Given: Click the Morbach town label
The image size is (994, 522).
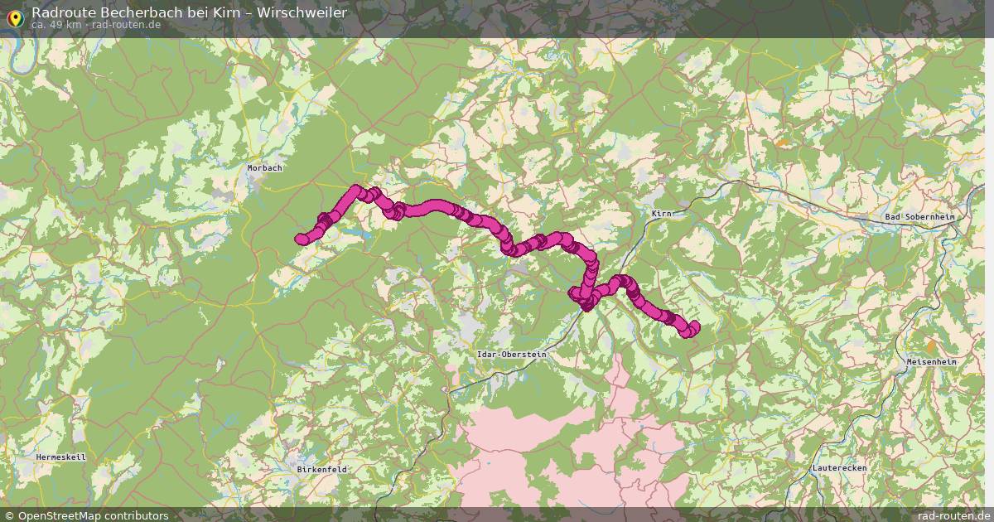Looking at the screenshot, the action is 265,168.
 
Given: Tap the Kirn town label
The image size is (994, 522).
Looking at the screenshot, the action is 662,214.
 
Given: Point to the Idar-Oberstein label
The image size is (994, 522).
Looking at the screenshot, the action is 512,355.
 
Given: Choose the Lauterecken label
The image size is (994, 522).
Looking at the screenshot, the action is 839,468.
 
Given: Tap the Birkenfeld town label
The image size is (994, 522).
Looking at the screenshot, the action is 321,469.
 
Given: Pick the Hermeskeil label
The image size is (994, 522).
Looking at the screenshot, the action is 60,457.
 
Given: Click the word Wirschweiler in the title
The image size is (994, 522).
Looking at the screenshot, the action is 303,12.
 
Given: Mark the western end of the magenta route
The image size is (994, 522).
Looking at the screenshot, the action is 301,239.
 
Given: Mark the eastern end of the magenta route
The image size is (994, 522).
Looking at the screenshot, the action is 692,327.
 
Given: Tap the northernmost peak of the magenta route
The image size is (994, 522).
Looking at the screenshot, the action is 357,190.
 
